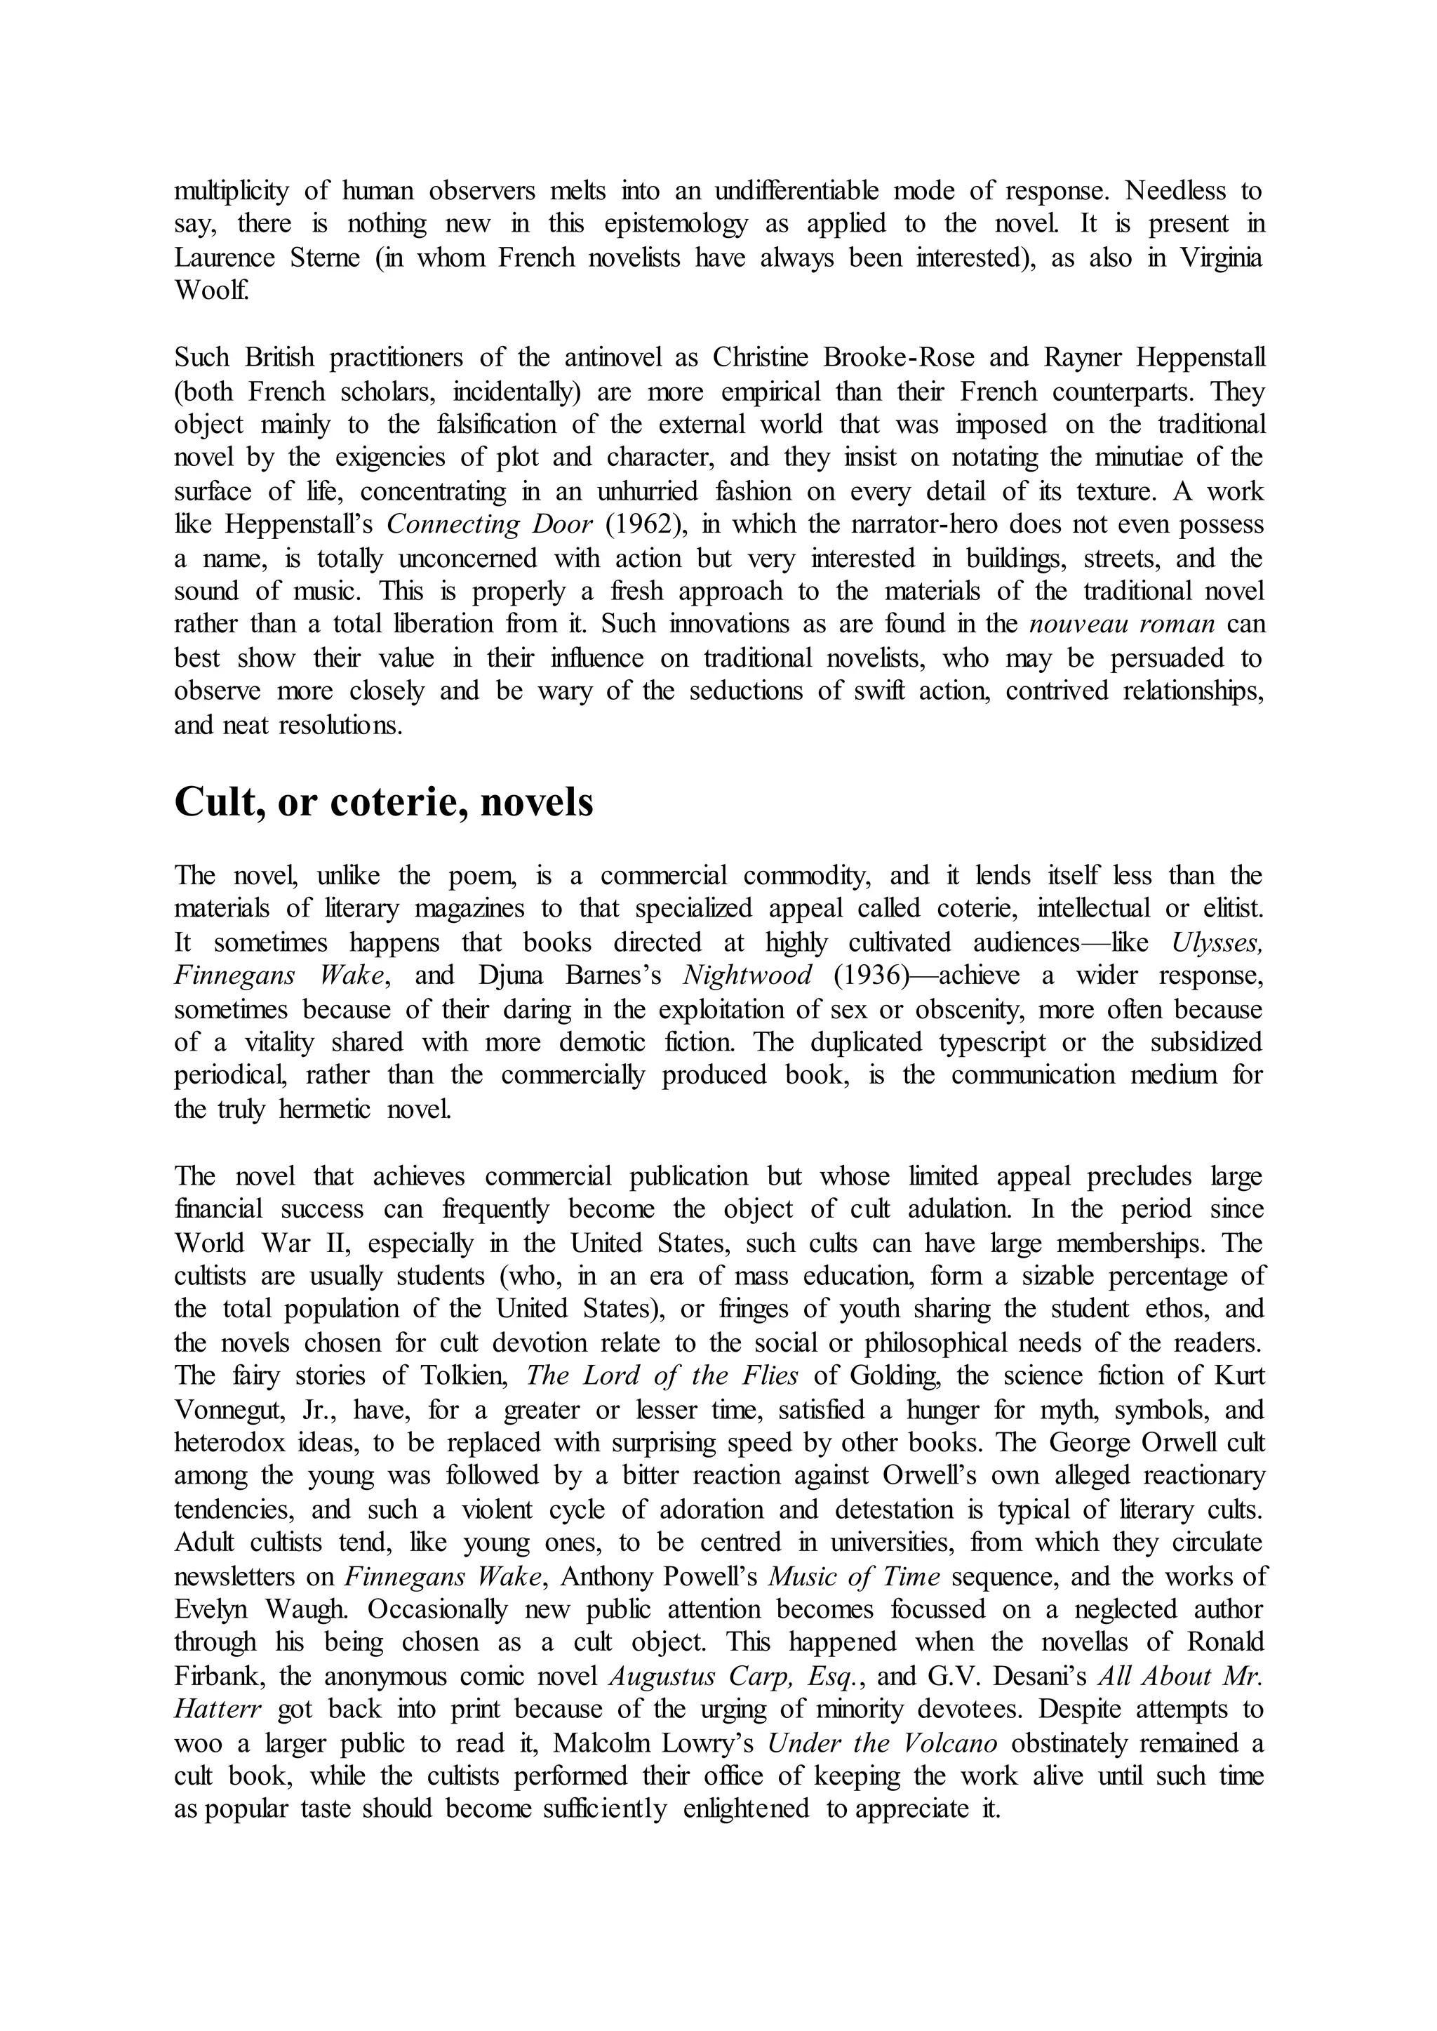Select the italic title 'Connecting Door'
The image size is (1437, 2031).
tap(489, 525)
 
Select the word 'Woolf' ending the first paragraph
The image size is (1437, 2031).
tap(210, 291)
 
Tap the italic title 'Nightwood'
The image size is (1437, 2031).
tap(748, 976)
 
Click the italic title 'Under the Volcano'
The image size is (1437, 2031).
tap(881, 1744)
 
